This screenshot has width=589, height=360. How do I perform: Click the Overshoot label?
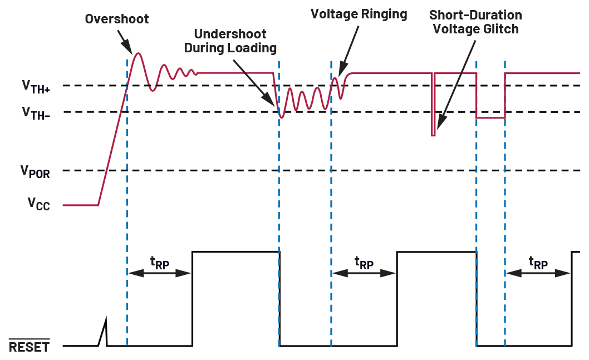pos(117,19)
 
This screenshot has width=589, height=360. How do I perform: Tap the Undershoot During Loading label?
pos(230,41)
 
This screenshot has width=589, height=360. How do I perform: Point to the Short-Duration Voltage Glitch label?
pos(475,22)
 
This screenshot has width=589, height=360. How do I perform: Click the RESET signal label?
pos(29,347)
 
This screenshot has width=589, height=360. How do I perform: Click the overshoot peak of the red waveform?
pos(138,53)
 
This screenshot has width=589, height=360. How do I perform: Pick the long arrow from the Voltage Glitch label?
pos(457,86)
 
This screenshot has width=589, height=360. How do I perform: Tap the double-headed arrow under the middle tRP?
pos(364,273)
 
